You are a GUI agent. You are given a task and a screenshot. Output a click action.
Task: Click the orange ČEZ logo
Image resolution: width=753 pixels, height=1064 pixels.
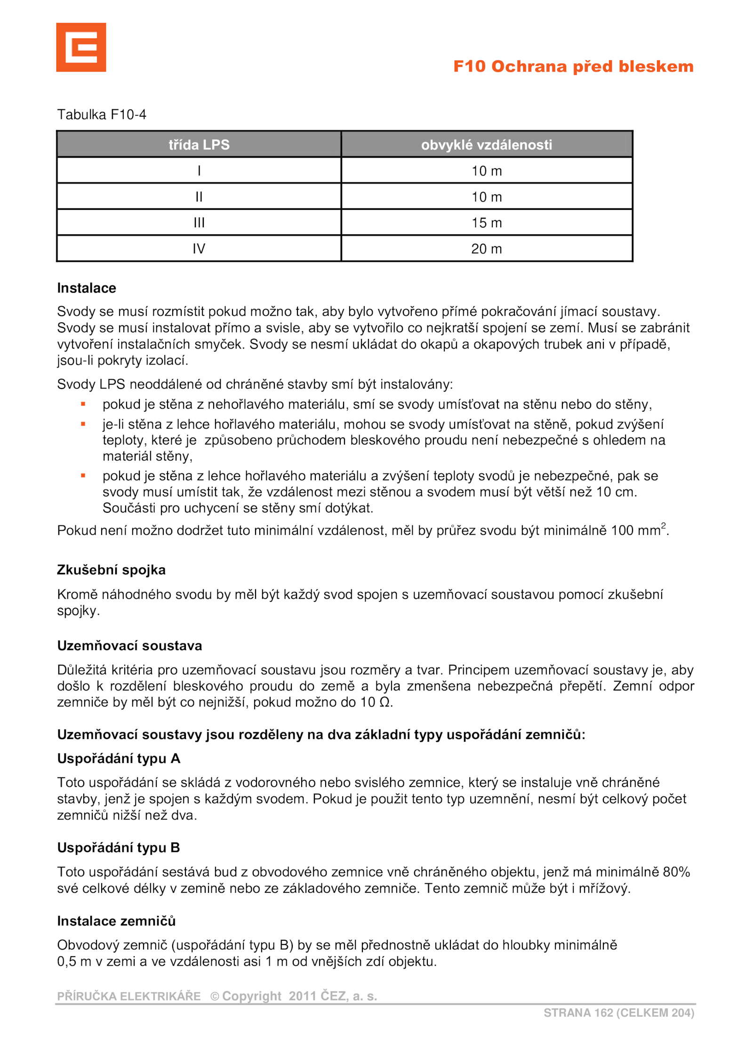[81, 47]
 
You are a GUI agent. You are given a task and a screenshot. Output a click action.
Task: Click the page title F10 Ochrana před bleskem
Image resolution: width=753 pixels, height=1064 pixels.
[573, 66]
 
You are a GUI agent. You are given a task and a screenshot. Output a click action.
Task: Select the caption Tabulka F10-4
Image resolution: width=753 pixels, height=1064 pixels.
[102, 114]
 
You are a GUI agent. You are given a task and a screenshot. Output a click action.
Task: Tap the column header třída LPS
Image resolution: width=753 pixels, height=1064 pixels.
[199, 144]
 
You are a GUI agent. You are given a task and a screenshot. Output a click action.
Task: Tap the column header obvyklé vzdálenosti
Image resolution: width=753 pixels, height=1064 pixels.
[486, 144]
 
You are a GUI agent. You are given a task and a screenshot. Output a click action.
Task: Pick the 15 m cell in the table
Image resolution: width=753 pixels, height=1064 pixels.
[486, 222]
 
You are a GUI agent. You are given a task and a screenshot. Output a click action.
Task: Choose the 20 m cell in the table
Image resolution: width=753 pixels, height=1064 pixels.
[486, 248]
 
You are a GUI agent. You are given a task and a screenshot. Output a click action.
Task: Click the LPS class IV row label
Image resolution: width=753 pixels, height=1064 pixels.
[199, 248]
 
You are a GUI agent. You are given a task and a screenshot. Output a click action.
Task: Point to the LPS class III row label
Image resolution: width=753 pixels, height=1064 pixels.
[199, 222]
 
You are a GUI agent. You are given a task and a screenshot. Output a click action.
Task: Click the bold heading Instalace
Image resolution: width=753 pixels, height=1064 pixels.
[87, 288]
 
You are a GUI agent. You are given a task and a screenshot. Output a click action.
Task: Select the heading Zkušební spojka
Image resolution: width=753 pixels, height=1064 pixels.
[111, 570]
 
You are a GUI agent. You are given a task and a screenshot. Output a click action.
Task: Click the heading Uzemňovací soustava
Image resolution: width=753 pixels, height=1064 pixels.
[129, 645]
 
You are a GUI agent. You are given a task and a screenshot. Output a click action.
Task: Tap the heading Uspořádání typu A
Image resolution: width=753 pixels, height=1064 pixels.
[119, 758]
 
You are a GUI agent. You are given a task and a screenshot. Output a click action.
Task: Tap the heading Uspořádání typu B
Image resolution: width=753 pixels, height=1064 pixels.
[119, 847]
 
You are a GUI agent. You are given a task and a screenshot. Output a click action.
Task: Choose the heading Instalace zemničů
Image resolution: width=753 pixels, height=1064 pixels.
[116, 921]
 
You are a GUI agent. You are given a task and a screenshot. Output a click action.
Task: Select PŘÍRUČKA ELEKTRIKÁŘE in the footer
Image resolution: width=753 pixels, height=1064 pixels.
[128, 996]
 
